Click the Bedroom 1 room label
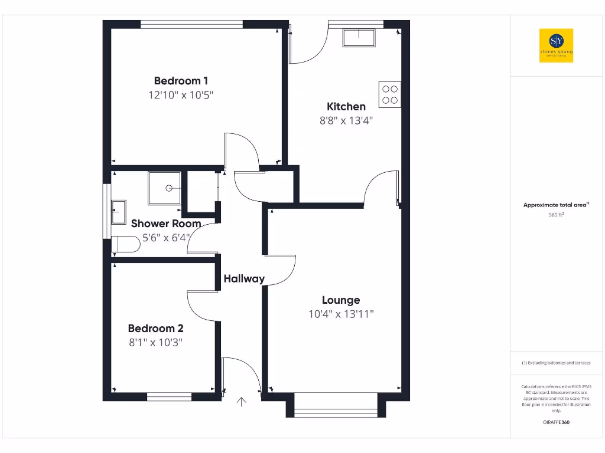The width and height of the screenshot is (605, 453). (181, 81)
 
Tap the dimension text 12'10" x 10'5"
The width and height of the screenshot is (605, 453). (181, 95)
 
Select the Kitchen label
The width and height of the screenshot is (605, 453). (346, 107)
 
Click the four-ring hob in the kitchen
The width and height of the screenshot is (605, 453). (390, 94)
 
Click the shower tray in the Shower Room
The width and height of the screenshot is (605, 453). (164, 188)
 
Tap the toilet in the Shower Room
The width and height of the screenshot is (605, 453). (125, 244)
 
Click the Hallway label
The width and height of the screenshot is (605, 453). (244, 279)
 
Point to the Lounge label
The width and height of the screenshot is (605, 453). (341, 300)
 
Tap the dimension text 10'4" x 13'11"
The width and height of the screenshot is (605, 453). (341, 314)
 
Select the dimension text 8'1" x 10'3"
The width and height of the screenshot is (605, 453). (155, 342)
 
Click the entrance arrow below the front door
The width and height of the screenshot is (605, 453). (241, 403)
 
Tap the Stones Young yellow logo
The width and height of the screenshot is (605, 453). (556, 45)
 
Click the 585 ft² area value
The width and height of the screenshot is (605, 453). (556, 215)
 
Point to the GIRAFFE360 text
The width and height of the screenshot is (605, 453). (556, 422)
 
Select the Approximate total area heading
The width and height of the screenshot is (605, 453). (556, 205)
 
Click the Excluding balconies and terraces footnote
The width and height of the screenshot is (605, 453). (556, 363)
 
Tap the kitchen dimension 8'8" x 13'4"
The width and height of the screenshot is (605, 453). (346, 120)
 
